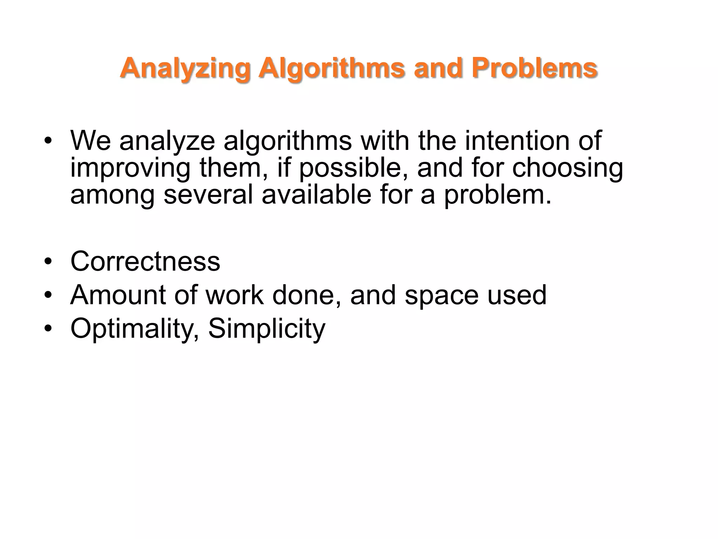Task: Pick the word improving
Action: (x=130, y=168)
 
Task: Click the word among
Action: (x=112, y=195)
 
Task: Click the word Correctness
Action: (x=145, y=261)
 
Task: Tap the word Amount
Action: (x=118, y=295)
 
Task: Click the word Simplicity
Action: (x=267, y=329)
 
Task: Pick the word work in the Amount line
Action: (x=234, y=295)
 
